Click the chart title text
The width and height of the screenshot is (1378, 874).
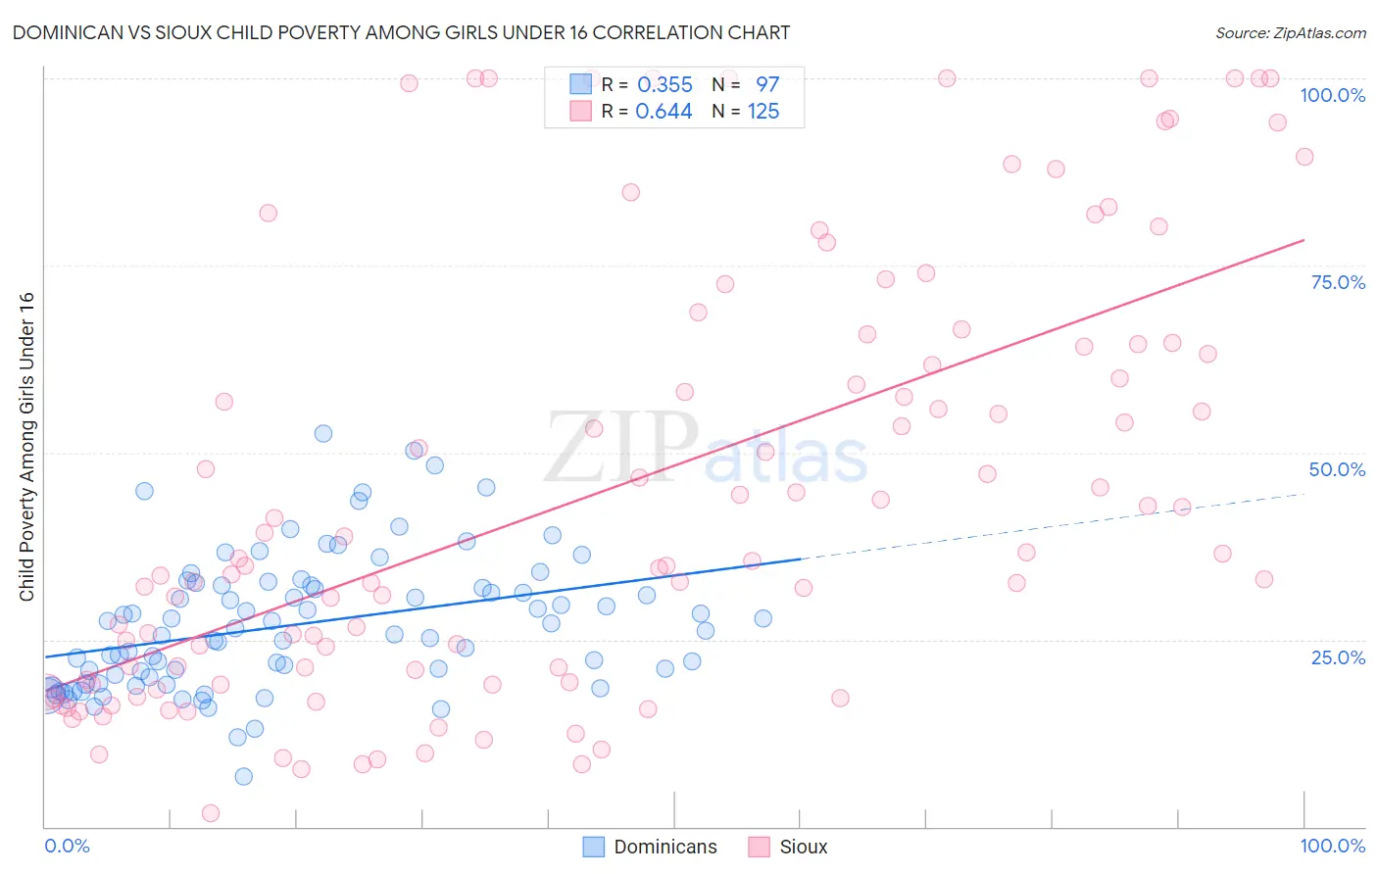[x=401, y=32]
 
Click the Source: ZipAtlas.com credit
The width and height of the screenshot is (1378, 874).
[x=1290, y=32]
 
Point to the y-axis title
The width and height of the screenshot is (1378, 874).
[x=26, y=447]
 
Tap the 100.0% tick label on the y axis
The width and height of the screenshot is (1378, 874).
[x=1332, y=95]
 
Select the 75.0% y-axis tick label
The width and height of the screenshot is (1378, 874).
[x=1338, y=282]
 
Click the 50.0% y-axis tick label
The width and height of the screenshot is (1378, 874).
[x=1337, y=469]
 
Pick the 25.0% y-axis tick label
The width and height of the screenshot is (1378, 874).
[x=1338, y=656]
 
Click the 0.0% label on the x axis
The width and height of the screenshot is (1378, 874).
[x=67, y=846]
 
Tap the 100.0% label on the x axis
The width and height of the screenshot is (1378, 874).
[x=1332, y=846]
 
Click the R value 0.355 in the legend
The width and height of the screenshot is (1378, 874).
[x=664, y=85]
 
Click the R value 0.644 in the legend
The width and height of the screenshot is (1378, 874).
[x=664, y=112]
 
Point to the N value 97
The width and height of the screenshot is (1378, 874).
[x=766, y=85]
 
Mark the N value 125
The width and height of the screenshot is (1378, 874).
[x=763, y=112]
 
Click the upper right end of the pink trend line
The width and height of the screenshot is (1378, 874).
[x=1304, y=239]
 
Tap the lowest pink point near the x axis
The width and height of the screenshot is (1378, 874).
[x=210, y=813]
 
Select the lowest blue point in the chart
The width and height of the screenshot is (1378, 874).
[x=244, y=776]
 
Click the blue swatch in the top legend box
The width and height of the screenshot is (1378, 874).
[x=581, y=84]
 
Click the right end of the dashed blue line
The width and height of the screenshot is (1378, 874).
[x=1304, y=494]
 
